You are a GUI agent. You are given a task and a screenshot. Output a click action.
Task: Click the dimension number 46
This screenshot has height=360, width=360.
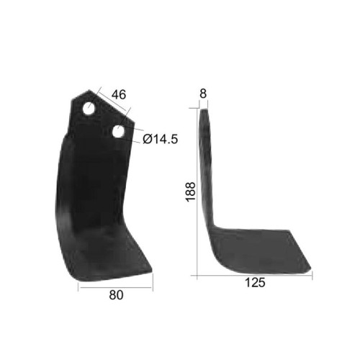pyautogui.click(x=119, y=94)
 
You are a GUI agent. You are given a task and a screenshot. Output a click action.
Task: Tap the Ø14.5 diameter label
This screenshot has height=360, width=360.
pyautogui.click(x=161, y=139)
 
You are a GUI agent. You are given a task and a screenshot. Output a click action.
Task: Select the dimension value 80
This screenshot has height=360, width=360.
pyautogui.click(x=116, y=295)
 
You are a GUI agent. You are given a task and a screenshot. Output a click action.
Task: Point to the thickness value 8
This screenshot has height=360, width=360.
pyautogui.click(x=203, y=94)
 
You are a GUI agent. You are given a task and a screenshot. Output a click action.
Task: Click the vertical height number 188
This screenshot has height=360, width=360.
pyautogui.click(x=192, y=192)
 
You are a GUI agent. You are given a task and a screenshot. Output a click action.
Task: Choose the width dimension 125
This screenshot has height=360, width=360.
pyautogui.click(x=255, y=282)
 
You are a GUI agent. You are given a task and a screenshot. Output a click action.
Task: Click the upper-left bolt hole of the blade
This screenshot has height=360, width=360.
pyautogui.click(x=89, y=109)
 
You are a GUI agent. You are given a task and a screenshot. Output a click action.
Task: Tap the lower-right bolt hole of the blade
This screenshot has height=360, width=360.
pyautogui.click(x=118, y=132)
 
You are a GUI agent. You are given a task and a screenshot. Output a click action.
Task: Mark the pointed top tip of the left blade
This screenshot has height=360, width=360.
pyautogui.click(x=89, y=90)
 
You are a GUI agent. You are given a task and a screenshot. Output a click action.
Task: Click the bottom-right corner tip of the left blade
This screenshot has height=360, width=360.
pyautogui.click(x=152, y=272)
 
